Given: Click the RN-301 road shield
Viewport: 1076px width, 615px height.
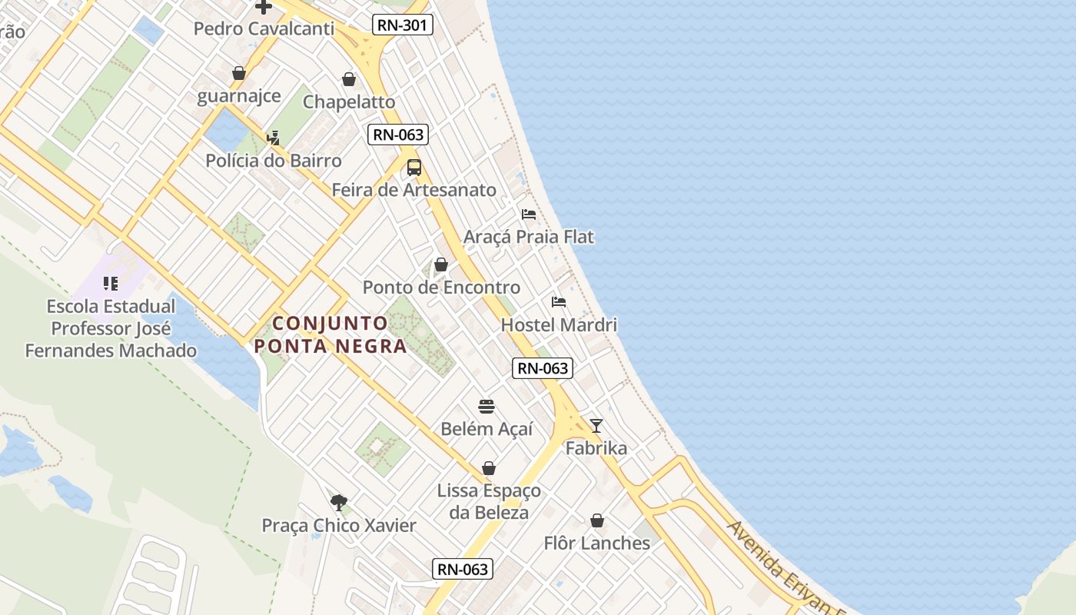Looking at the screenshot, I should click(403, 25).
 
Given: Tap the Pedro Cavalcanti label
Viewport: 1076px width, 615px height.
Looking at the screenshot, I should click(264, 29).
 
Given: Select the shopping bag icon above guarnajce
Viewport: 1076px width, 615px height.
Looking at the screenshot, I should click(239, 74).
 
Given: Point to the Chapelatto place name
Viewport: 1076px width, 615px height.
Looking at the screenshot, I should click(349, 101).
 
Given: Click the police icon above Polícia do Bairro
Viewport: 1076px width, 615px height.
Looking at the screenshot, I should click(273, 138).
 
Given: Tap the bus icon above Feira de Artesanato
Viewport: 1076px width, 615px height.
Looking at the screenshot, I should click(414, 168).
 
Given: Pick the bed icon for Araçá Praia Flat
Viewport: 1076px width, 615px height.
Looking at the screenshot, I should click(529, 214).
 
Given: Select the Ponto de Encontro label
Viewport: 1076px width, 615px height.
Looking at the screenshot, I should click(441, 288).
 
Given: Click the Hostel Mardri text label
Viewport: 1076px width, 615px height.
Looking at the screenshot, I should click(559, 324).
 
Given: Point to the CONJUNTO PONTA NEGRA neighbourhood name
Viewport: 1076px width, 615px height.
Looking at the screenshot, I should click(330, 334).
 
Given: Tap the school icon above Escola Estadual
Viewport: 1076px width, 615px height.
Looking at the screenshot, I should click(110, 284).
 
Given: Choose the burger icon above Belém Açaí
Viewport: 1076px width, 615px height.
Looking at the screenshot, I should click(487, 406).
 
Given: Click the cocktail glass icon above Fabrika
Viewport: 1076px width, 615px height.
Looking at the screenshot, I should click(596, 426).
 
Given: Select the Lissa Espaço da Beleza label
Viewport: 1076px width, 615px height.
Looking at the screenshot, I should click(489, 501).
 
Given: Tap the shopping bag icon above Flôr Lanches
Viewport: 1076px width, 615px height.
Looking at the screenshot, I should click(597, 521).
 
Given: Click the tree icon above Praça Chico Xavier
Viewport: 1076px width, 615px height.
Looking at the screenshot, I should click(338, 503).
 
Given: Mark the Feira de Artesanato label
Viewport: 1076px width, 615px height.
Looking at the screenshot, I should click(413, 189).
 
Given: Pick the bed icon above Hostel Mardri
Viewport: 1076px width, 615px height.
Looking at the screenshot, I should click(559, 302).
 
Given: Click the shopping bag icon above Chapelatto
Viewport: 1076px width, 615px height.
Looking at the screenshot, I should click(349, 79).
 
